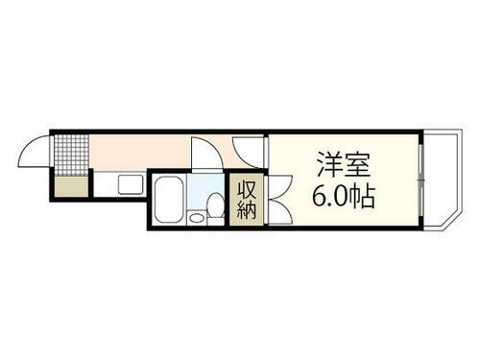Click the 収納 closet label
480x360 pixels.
click(247, 200)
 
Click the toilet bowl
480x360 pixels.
click(214, 204)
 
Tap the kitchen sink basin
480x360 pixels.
click(129, 183)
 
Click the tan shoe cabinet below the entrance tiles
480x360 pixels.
click(68, 186)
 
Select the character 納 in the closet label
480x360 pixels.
click(247, 210)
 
